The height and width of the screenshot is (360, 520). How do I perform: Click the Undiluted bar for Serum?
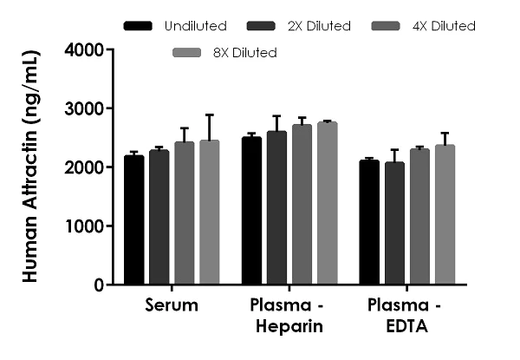tap(134, 220)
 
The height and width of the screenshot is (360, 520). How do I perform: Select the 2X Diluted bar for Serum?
tap(159, 218)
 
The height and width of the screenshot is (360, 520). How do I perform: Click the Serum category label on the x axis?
tap(172, 306)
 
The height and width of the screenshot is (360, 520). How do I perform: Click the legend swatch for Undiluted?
tap(139, 26)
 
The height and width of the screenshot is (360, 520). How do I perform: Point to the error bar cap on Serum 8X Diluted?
tap(210, 115)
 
